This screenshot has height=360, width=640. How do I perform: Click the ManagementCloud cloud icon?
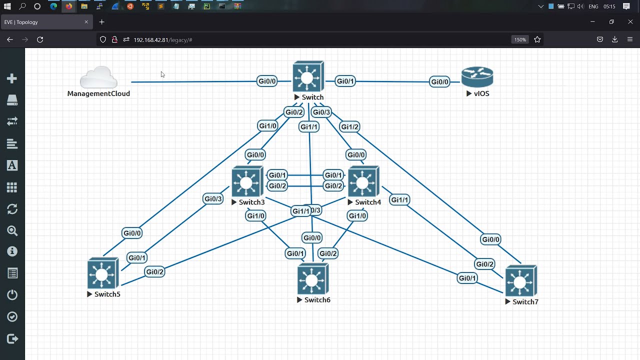point(98,77)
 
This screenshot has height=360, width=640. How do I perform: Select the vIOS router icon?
point(477,77)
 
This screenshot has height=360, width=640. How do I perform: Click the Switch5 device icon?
point(102,273)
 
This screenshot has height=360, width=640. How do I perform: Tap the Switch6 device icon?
point(312,279)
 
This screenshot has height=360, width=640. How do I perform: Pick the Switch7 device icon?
point(520,281)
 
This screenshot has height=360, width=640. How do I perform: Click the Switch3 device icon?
point(247,181)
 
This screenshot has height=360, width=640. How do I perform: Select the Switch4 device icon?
point(363,181)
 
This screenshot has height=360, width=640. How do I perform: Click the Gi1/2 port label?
point(349,126)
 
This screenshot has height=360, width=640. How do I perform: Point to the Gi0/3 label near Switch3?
point(213,199)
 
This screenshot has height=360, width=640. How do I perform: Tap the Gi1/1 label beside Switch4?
point(399,200)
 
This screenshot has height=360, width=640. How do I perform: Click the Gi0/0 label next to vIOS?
point(439,82)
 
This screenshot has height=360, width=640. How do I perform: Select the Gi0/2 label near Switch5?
point(154,272)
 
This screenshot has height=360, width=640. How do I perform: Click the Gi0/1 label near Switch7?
point(467,278)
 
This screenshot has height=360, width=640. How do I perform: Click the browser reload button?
point(40,39)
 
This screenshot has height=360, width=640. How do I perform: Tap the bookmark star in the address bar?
point(537,39)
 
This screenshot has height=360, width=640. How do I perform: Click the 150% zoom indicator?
point(520,39)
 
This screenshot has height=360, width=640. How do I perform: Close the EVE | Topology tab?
point(86,22)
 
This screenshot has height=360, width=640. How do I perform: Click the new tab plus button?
point(102,22)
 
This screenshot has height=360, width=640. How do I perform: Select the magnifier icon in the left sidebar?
point(12,230)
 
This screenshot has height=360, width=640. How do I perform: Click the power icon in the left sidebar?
point(12,295)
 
